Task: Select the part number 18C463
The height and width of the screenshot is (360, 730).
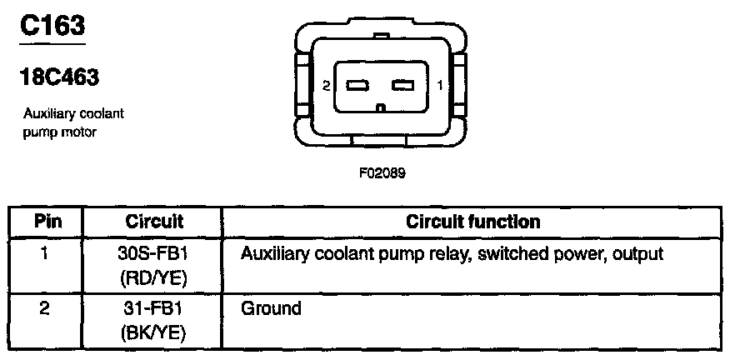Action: [x=59, y=78]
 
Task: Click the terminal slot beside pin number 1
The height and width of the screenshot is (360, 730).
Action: [x=404, y=85]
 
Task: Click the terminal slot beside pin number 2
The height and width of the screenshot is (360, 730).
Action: [x=357, y=85]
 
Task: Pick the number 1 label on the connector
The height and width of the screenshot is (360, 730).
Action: [x=439, y=85]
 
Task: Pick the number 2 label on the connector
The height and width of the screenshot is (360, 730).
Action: [x=327, y=85]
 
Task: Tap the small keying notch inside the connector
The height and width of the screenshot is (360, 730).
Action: [x=381, y=107]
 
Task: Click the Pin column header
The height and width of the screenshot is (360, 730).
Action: [x=47, y=222]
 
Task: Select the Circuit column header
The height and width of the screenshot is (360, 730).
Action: [x=154, y=222]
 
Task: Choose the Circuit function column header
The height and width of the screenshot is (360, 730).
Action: [x=472, y=222]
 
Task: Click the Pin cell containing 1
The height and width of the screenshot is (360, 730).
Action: [x=47, y=253]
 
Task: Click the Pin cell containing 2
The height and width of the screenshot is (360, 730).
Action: [x=47, y=309]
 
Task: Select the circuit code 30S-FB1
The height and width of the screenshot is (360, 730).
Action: [x=154, y=253]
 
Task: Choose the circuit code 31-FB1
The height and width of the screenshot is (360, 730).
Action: [x=154, y=309]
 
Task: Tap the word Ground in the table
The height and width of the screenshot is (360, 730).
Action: [x=271, y=309]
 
